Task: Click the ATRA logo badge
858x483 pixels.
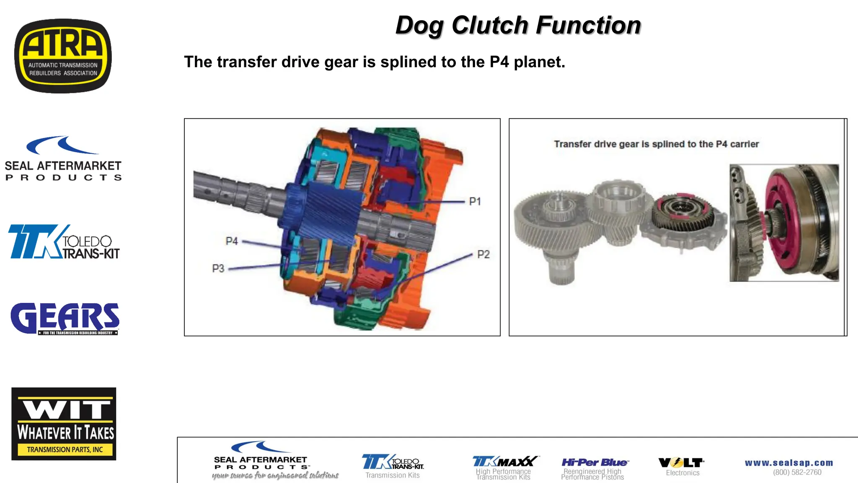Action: tap(63, 56)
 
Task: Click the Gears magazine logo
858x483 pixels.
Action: tap(65, 319)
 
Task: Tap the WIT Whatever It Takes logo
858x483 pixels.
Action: tap(64, 423)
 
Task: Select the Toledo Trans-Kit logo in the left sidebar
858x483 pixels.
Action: tap(64, 241)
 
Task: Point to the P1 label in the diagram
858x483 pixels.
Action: tap(475, 202)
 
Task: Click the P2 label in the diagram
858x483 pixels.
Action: tap(483, 254)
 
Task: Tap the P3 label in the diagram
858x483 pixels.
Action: tap(218, 268)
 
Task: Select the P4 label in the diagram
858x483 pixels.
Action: tap(231, 241)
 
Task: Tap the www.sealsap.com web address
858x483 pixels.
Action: tap(789, 463)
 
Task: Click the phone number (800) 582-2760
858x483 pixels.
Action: tap(797, 473)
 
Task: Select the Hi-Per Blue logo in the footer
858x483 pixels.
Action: tap(594, 462)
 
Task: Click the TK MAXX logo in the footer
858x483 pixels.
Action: tap(505, 462)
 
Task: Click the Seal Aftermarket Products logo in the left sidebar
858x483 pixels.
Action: tap(63, 159)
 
